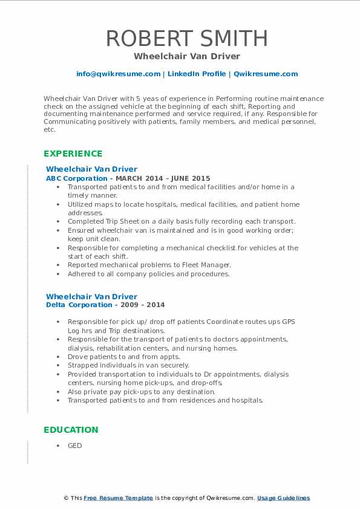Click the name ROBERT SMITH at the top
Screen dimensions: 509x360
pos(187,39)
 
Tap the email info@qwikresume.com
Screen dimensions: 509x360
pos(118,74)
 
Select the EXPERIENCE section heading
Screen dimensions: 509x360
pos(73,154)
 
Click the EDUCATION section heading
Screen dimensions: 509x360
pos(71,430)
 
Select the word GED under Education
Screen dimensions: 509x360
pos(74,446)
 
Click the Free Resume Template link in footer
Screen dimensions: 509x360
pos(118,498)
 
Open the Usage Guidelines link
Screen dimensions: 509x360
pos(283,498)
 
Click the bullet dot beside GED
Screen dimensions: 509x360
pos(58,446)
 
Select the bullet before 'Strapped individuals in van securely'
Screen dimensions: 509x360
pos(58,365)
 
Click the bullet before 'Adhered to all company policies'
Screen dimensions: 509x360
pos(58,274)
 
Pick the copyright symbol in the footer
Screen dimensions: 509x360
pos(67,498)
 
